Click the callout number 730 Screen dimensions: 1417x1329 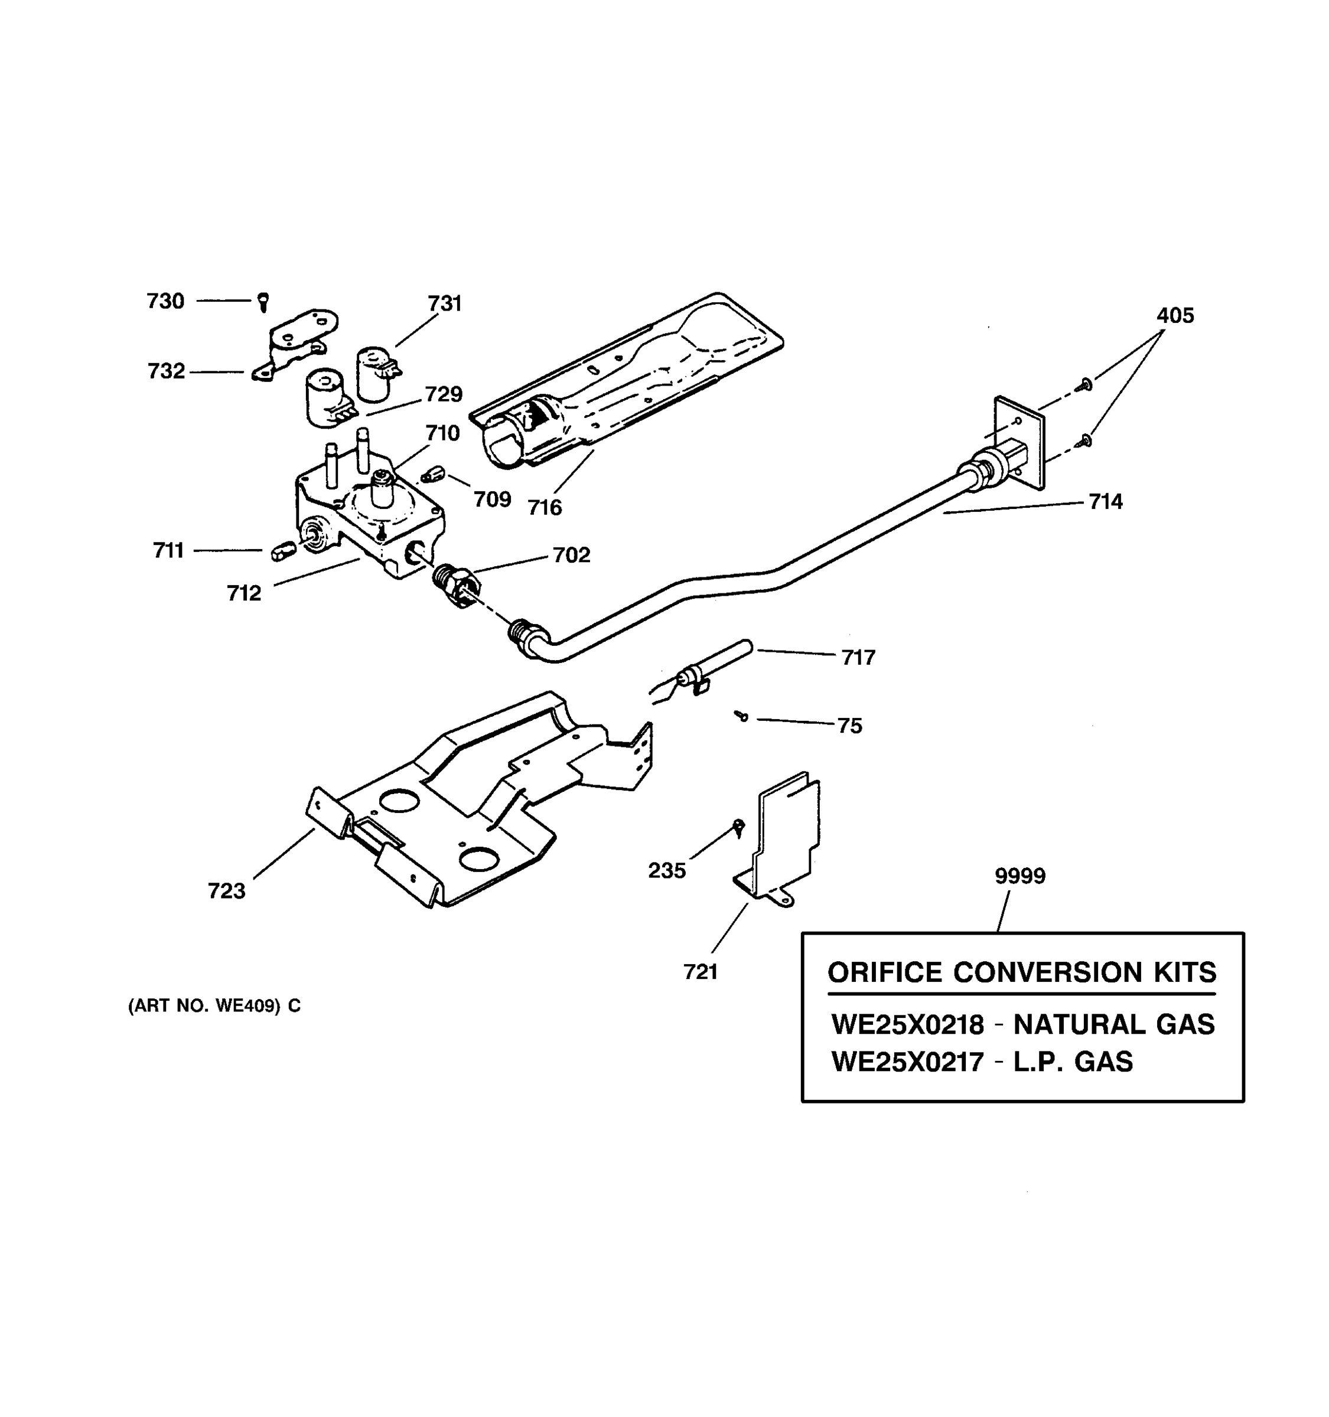pos(165,302)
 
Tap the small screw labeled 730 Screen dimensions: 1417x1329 pos(263,302)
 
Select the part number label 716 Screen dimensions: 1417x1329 pos(545,508)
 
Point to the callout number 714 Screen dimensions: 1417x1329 pos(1105,502)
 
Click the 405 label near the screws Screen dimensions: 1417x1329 pos(1175,316)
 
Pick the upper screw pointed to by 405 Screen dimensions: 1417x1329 pos(1085,384)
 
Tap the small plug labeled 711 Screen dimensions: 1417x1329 pos(282,550)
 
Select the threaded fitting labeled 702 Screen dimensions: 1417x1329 pos(457,585)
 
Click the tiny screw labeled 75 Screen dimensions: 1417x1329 pos(741,715)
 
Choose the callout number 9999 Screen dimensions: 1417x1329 pos(1019,876)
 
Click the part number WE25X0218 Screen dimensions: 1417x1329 pos(907,1025)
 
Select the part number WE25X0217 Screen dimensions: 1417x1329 pos(907,1062)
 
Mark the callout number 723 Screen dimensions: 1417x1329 pos(226,891)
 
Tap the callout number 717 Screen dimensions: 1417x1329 pos(858,657)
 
